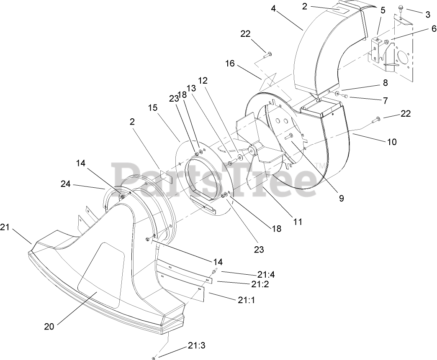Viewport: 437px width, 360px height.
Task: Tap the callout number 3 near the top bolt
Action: pos(427,15)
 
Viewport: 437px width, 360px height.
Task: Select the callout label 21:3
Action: pos(196,346)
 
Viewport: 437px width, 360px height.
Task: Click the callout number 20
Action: pos(49,327)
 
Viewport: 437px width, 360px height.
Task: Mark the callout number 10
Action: pos(391,142)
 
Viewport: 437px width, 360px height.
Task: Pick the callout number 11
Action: pos(297,222)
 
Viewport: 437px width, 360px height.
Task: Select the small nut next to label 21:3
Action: pos(154,357)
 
